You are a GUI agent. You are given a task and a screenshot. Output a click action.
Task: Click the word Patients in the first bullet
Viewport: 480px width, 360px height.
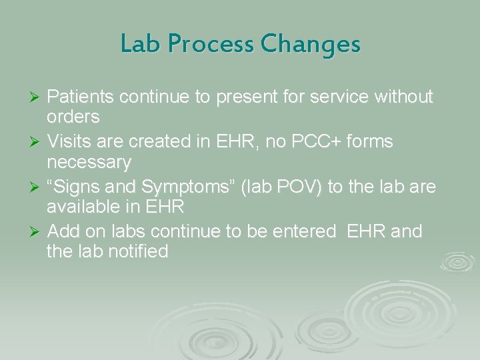(x=79, y=97)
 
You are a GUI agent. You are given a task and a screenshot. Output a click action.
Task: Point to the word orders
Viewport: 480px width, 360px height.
(x=73, y=117)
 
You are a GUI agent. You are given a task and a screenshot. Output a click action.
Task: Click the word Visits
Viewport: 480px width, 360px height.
(x=69, y=142)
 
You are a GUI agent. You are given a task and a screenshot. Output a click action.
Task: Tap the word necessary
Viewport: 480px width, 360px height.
(x=89, y=162)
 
